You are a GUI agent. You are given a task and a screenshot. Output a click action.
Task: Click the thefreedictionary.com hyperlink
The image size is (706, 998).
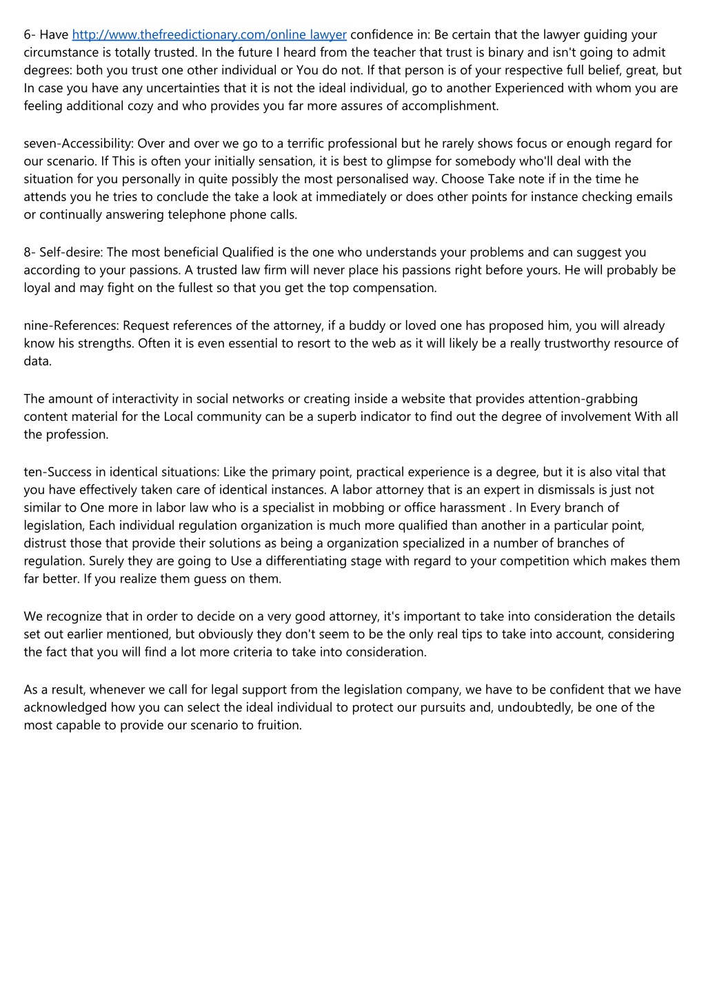point(209,34)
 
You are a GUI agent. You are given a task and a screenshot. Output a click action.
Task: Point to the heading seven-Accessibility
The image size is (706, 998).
point(78,143)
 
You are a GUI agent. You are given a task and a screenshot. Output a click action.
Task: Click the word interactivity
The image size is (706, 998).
point(152,399)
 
